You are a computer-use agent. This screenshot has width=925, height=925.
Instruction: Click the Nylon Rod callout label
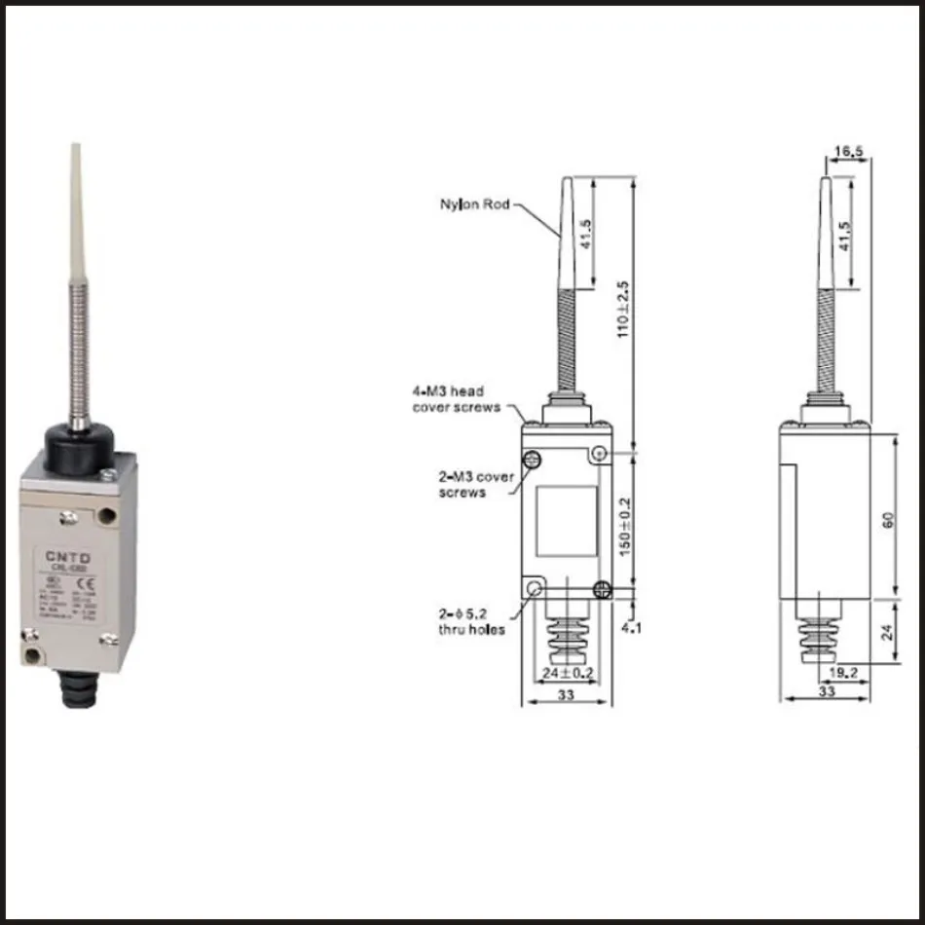click(474, 204)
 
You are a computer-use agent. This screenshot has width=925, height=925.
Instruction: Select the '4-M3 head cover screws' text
click(456, 399)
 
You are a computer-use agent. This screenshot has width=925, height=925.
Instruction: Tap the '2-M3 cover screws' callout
click(474, 485)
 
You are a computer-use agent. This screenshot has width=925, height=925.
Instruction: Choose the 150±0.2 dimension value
click(625, 526)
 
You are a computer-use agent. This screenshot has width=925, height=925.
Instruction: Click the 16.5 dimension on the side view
click(850, 151)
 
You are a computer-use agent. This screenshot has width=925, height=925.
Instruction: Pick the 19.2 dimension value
click(843, 672)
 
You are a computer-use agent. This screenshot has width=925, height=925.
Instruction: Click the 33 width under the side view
click(826, 691)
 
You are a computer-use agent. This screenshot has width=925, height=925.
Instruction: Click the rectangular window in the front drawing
click(567, 521)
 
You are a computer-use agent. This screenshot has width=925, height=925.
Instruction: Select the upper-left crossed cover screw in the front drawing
click(533, 460)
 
